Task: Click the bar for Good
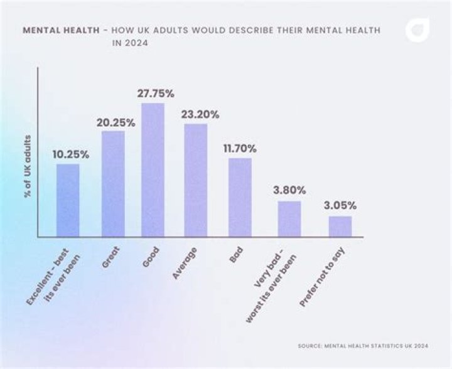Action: (153, 170)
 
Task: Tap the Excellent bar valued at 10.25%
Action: (68, 200)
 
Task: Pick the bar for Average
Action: (195, 180)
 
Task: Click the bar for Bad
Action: (240, 197)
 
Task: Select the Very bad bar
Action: (289, 218)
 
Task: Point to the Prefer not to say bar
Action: (340, 226)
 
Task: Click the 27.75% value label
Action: (154, 93)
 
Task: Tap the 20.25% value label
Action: (116, 122)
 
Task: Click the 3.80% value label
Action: (289, 190)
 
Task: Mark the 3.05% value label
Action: (340, 205)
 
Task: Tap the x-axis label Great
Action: (110, 257)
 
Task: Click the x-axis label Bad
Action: (237, 254)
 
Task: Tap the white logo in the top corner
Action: (417, 29)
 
